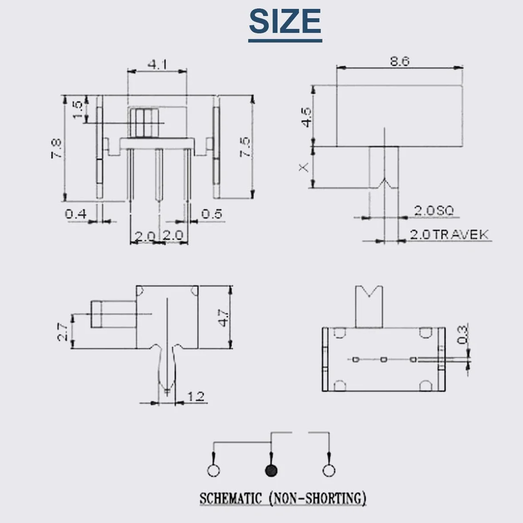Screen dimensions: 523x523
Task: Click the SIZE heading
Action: (x=285, y=21)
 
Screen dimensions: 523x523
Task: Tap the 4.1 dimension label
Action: (x=157, y=64)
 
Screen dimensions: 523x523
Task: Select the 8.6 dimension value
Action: (x=399, y=61)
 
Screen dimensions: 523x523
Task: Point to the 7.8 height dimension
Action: (x=56, y=148)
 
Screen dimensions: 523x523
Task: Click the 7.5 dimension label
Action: (x=245, y=146)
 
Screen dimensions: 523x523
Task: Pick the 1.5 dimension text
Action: (x=77, y=110)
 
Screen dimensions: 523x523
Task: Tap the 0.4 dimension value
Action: (x=76, y=213)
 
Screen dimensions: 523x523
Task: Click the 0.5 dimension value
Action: (x=212, y=213)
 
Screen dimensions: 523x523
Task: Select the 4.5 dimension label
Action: (x=306, y=117)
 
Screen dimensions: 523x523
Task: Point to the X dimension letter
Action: (x=303, y=167)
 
